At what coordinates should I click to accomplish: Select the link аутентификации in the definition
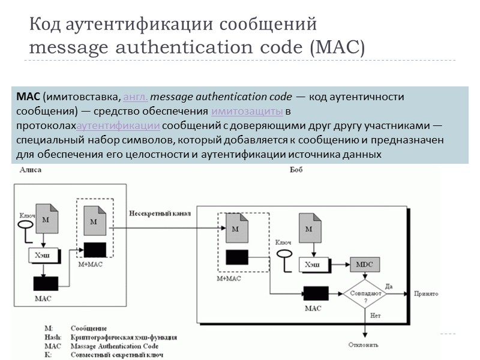coord(118,126)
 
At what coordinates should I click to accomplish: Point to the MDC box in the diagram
coord(365,264)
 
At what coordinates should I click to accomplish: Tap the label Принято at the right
coord(427,294)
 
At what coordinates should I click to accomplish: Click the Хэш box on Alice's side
coord(45,256)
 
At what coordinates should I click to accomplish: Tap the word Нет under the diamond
coord(376,314)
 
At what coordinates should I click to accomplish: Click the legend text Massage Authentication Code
coord(114,346)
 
